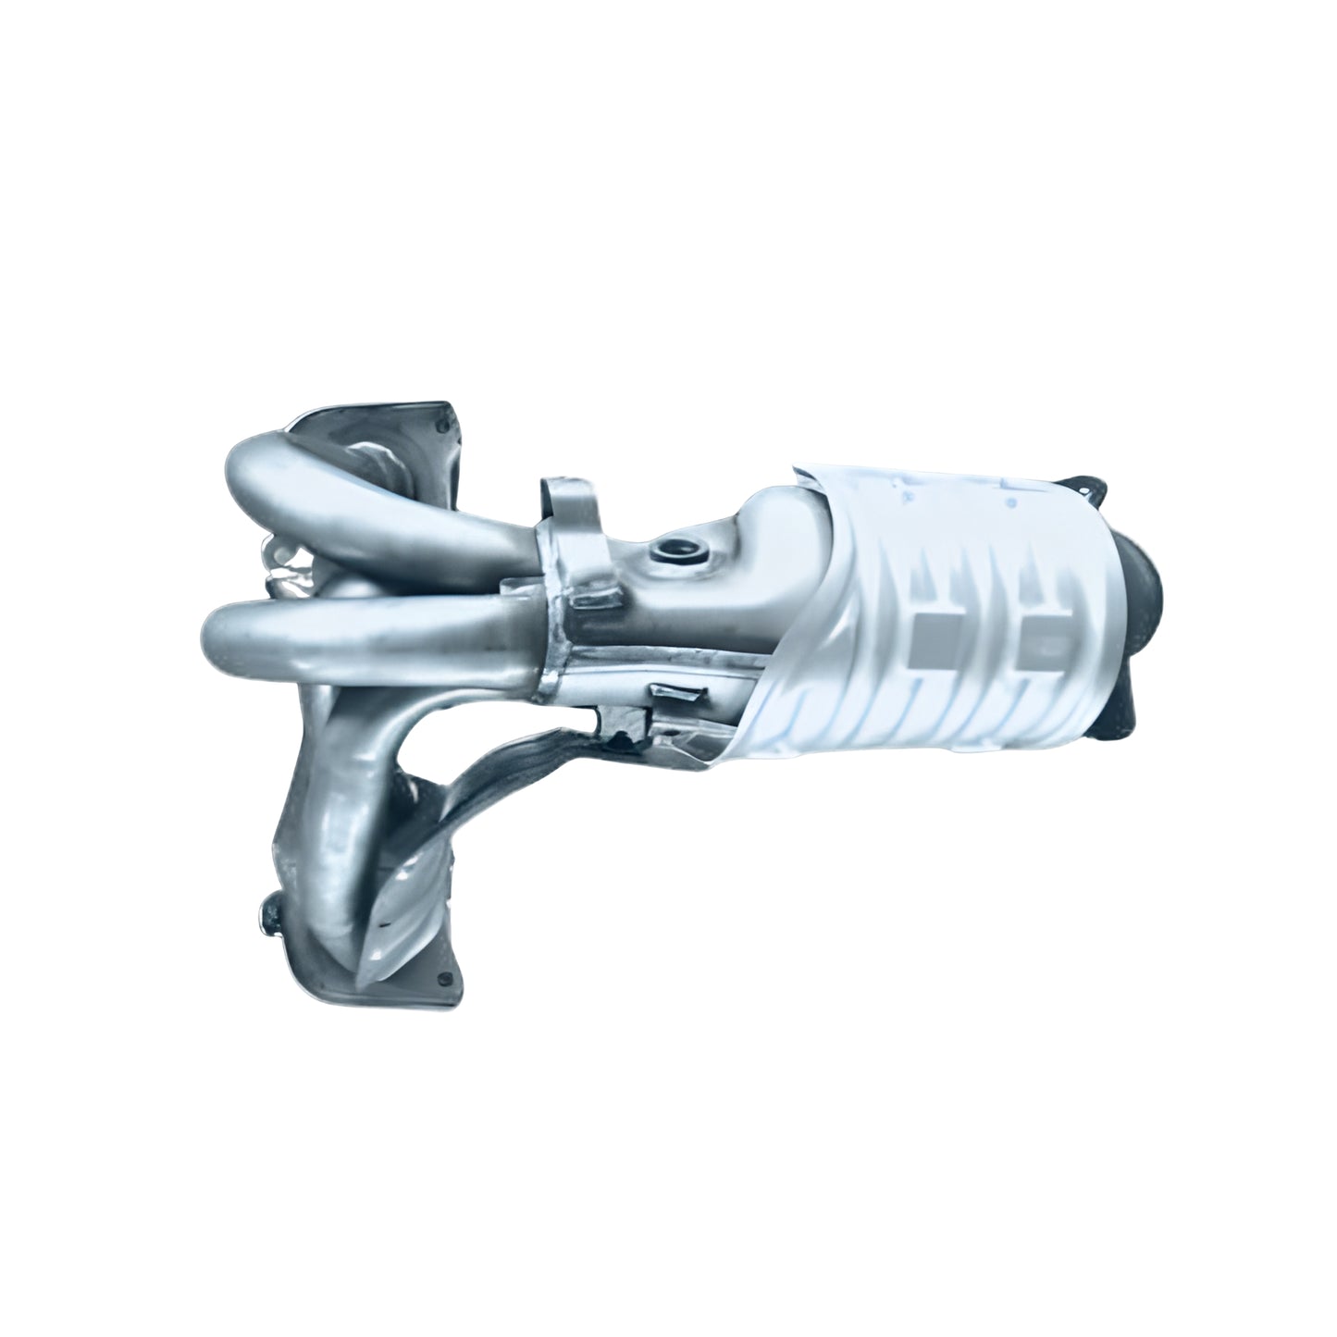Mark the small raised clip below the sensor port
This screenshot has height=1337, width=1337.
pyautogui.click(x=674, y=693)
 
